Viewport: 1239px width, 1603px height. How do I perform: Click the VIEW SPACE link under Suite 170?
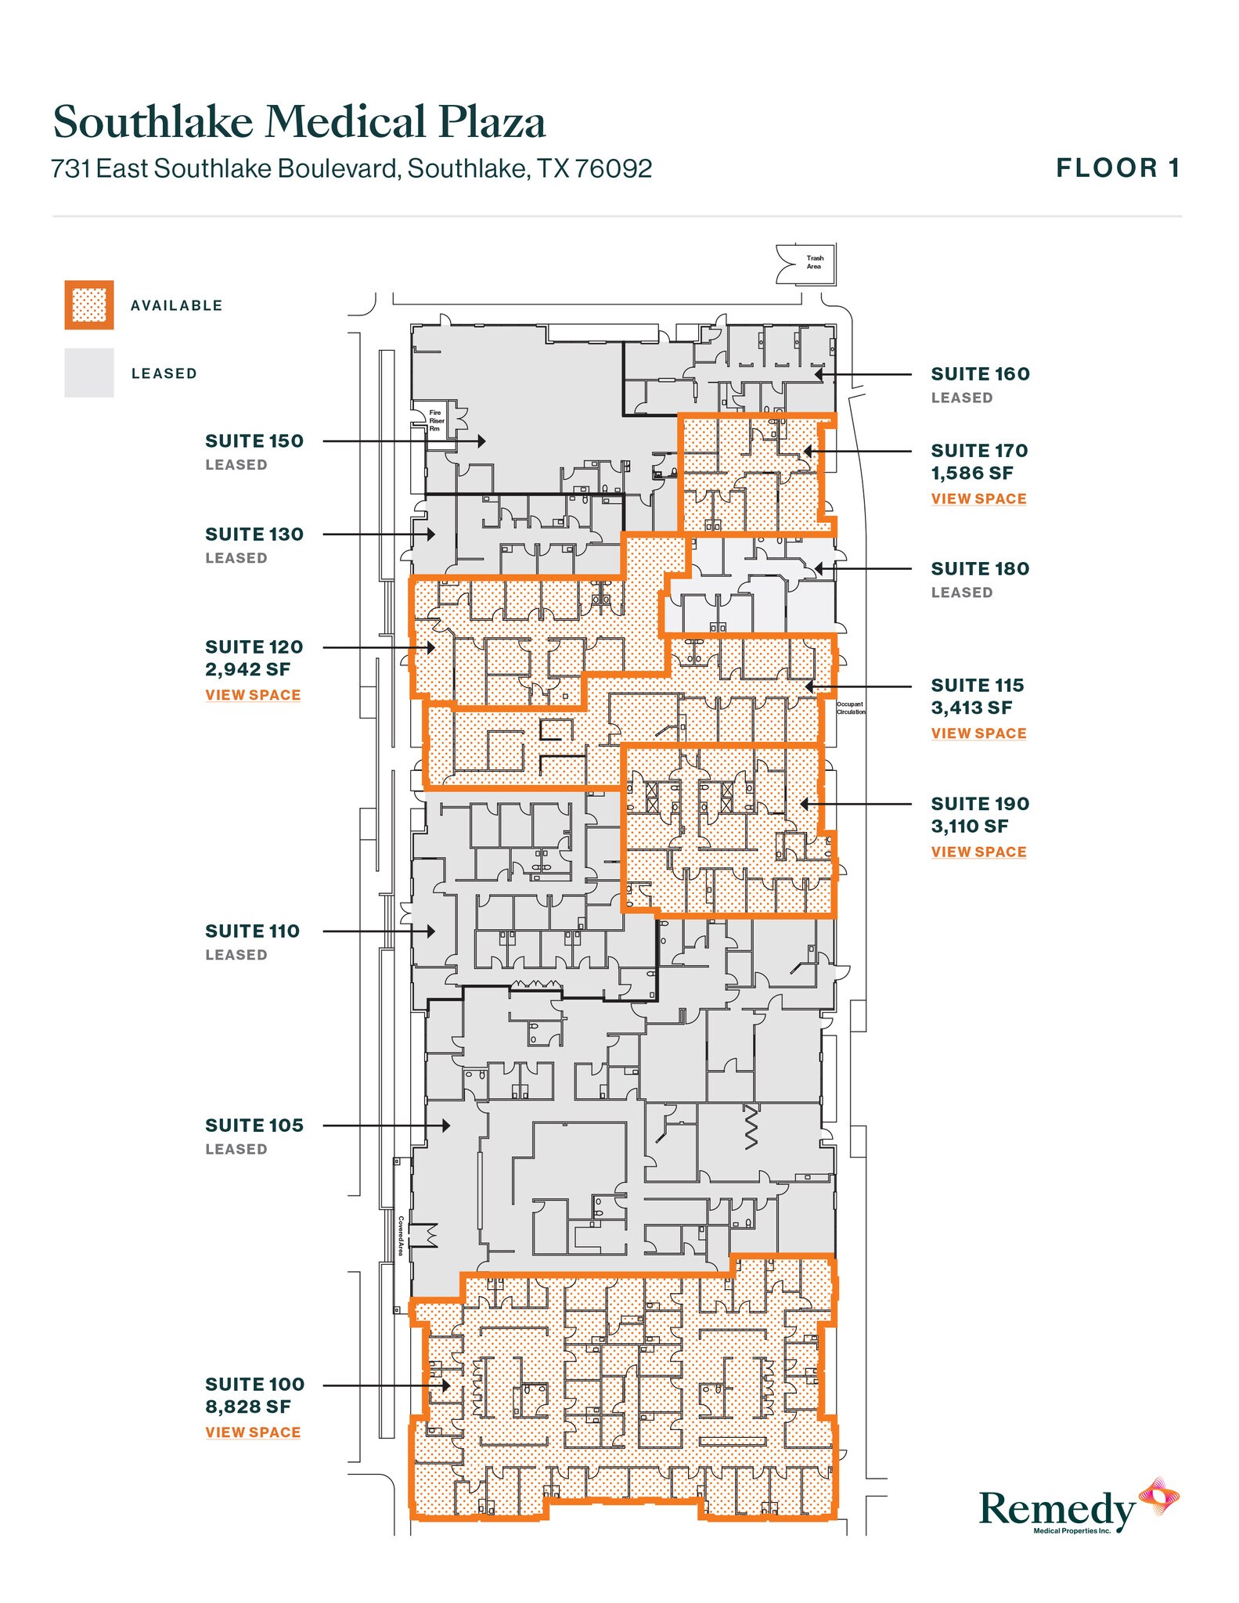978,499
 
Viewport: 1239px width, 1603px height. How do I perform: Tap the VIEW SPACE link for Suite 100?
253,1432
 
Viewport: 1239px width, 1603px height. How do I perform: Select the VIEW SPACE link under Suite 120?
253,695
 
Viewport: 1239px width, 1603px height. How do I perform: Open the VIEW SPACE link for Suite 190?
978,852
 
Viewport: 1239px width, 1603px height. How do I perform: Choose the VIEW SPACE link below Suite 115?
978,733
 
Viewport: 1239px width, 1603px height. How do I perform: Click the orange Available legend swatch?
89,305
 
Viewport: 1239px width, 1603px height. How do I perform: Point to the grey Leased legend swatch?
89,373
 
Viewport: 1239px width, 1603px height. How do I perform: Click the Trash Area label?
815,262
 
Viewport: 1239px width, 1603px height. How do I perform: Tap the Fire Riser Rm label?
435,420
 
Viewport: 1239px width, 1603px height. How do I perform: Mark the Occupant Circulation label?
851,708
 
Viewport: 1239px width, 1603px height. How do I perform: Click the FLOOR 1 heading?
1118,168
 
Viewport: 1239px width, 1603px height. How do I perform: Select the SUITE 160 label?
980,374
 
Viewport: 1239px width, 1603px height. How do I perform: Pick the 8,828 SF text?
247,1407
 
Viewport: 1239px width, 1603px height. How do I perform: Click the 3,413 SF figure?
971,708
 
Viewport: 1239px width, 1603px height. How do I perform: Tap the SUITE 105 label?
254,1126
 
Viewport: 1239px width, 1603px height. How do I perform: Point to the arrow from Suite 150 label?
403,441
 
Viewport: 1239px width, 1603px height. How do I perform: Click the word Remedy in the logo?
1057,1508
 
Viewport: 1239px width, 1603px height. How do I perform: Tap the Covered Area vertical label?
401,1235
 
